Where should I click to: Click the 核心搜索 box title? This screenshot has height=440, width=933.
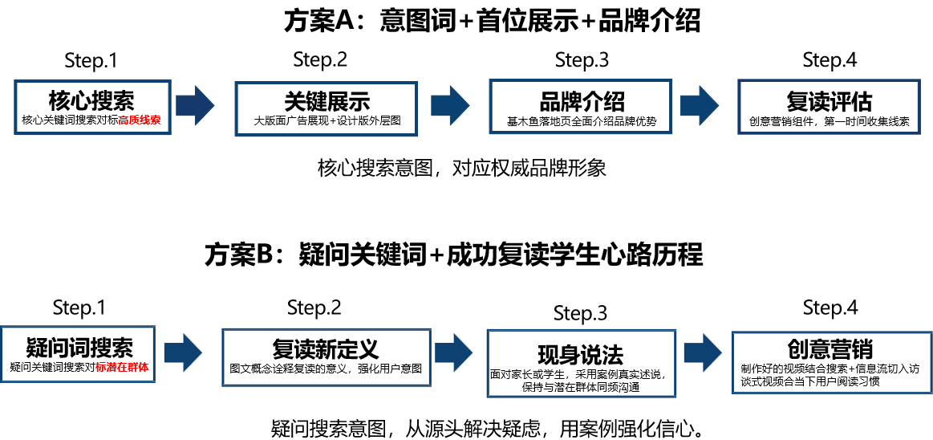[x=91, y=100]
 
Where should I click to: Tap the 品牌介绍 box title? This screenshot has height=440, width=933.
[x=581, y=100]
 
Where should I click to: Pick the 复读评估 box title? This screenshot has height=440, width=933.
[x=829, y=101]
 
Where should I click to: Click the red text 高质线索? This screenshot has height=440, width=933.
[x=140, y=120]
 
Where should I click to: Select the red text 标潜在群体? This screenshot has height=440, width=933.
[x=123, y=368]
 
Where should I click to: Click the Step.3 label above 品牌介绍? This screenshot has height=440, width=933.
[x=582, y=60]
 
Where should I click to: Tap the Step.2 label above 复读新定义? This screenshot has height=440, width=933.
[x=314, y=308]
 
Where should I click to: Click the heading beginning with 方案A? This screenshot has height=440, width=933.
[x=492, y=22]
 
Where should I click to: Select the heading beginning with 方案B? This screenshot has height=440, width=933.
[x=453, y=255]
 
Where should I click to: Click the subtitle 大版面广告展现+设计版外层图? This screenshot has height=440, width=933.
[x=327, y=120]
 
